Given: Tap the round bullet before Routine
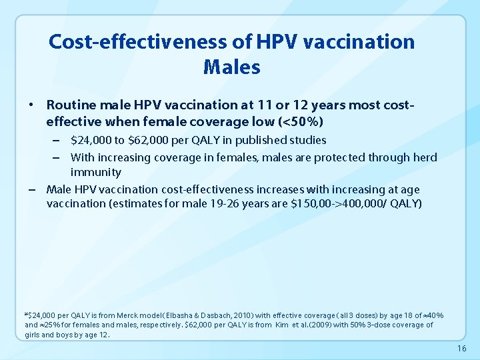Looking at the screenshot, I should pos(31,105).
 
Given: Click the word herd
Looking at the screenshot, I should pos(425,157).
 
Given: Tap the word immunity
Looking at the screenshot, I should pos(96,173).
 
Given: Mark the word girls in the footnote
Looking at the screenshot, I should pos(33,335).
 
